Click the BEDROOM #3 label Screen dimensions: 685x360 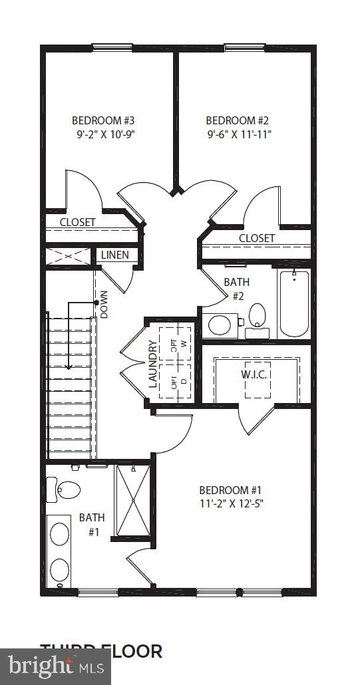coord(103,120)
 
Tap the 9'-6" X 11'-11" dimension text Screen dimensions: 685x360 coord(238,134)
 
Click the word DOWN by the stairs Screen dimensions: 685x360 coord(104,305)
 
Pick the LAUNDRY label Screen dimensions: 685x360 coord(152,364)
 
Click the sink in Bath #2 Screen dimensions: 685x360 coord(220,325)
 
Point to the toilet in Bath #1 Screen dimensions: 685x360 coord(67,489)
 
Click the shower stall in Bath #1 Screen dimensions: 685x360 coord(133,500)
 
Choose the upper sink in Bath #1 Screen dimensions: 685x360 coord(60,533)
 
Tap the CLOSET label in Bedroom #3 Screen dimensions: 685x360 coord(77,222)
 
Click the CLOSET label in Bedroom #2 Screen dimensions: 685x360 coord(256,237)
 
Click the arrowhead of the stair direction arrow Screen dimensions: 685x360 coord(69,366)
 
